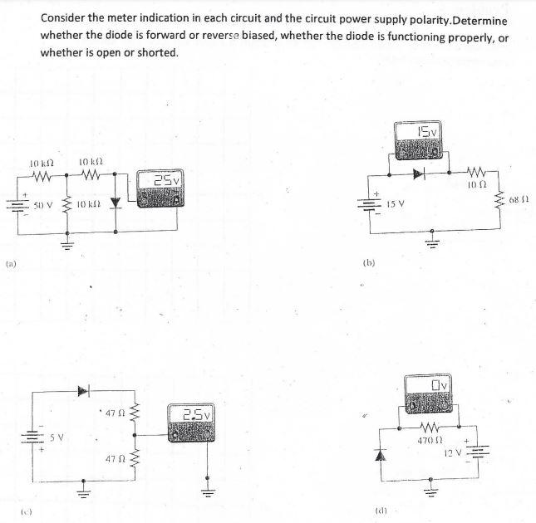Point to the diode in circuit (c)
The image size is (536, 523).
tap(83, 389)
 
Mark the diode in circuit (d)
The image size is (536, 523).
tap(383, 455)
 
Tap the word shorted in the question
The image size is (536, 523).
tap(158, 52)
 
